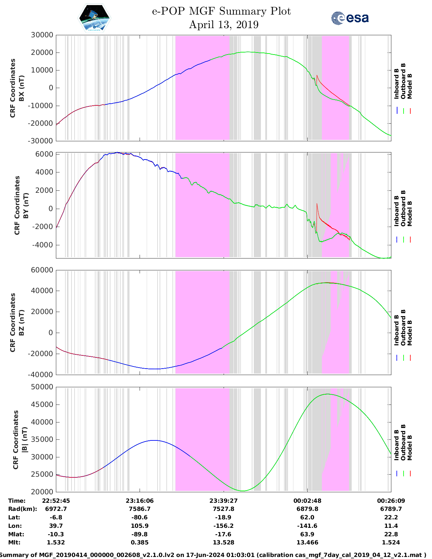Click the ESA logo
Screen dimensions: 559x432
point(350,18)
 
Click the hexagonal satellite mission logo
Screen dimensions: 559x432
point(94,18)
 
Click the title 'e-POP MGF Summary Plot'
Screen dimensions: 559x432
point(221,11)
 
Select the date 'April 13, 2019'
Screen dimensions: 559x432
point(224,25)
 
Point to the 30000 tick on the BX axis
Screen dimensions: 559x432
point(42,35)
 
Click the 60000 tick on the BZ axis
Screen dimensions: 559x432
point(42,270)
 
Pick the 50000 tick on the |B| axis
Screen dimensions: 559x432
point(42,387)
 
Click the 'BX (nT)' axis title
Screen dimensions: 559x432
point(22,88)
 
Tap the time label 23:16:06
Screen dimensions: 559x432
point(140,501)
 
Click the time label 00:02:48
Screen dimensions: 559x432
point(307,501)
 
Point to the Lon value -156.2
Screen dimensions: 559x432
point(223,526)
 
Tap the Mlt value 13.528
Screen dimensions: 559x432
point(223,542)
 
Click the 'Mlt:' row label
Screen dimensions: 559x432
point(14,542)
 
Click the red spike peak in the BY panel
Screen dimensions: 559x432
point(317,204)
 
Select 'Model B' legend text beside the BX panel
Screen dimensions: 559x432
point(410,86)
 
